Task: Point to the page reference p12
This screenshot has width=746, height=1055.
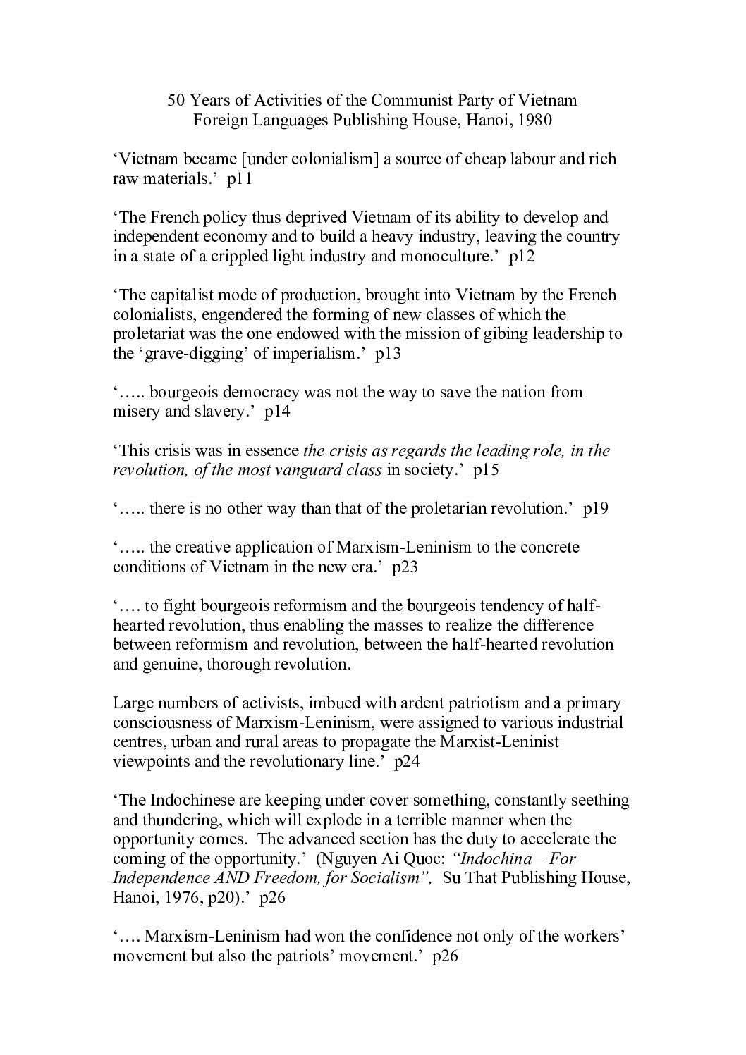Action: point(523,256)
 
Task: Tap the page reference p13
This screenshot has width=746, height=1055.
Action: point(389,353)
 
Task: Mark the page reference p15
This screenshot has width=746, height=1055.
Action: point(487,470)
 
